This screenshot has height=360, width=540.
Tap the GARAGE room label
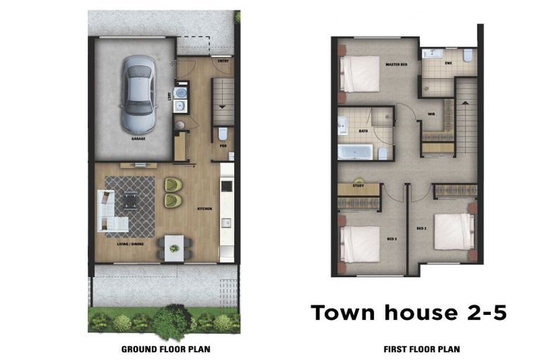[x=138, y=139]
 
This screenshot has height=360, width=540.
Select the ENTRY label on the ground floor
[x=224, y=60]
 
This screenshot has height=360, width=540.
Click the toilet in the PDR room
[x=223, y=133]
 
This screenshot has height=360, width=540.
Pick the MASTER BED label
[x=397, y=64]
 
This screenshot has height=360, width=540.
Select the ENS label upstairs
[x=448, y=63]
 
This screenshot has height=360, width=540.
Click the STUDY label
[x=359, y=186]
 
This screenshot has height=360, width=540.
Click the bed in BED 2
[x=454, y=231]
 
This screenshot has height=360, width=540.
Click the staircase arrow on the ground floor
[x=223, y=105]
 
